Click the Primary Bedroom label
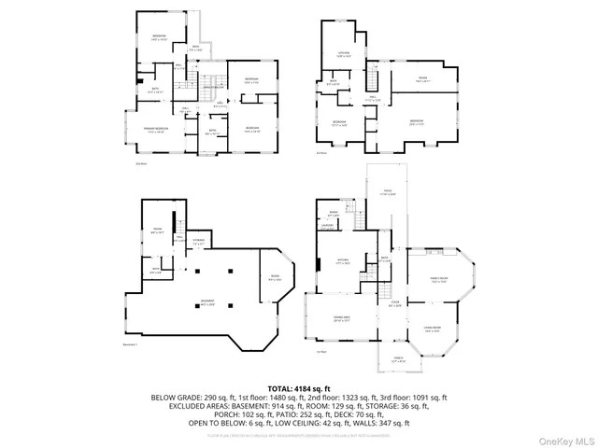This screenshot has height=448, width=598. [x=156, y=130]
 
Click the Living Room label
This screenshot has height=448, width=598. [x=432, y=329]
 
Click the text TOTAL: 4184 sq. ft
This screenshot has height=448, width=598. [x=299, y=387]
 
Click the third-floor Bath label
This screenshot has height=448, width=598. [x=334, y=82]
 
